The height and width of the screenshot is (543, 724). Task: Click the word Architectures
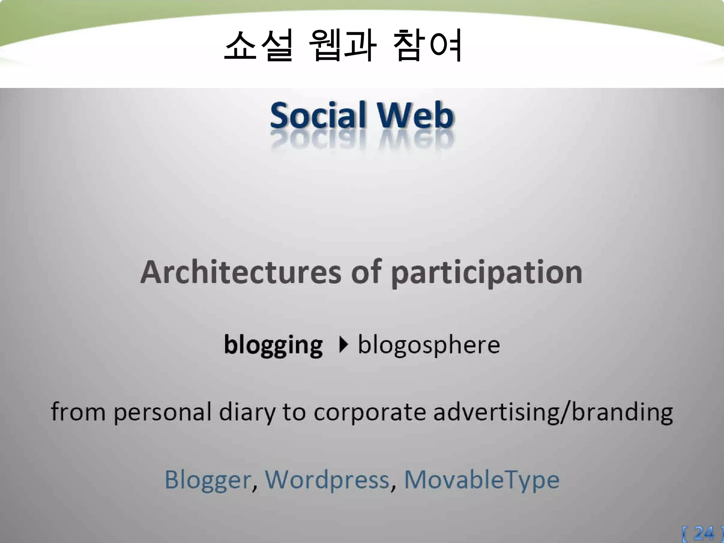click(240, 272)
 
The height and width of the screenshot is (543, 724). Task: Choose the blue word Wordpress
click(327, 480)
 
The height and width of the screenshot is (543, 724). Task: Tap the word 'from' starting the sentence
click(78, 412)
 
